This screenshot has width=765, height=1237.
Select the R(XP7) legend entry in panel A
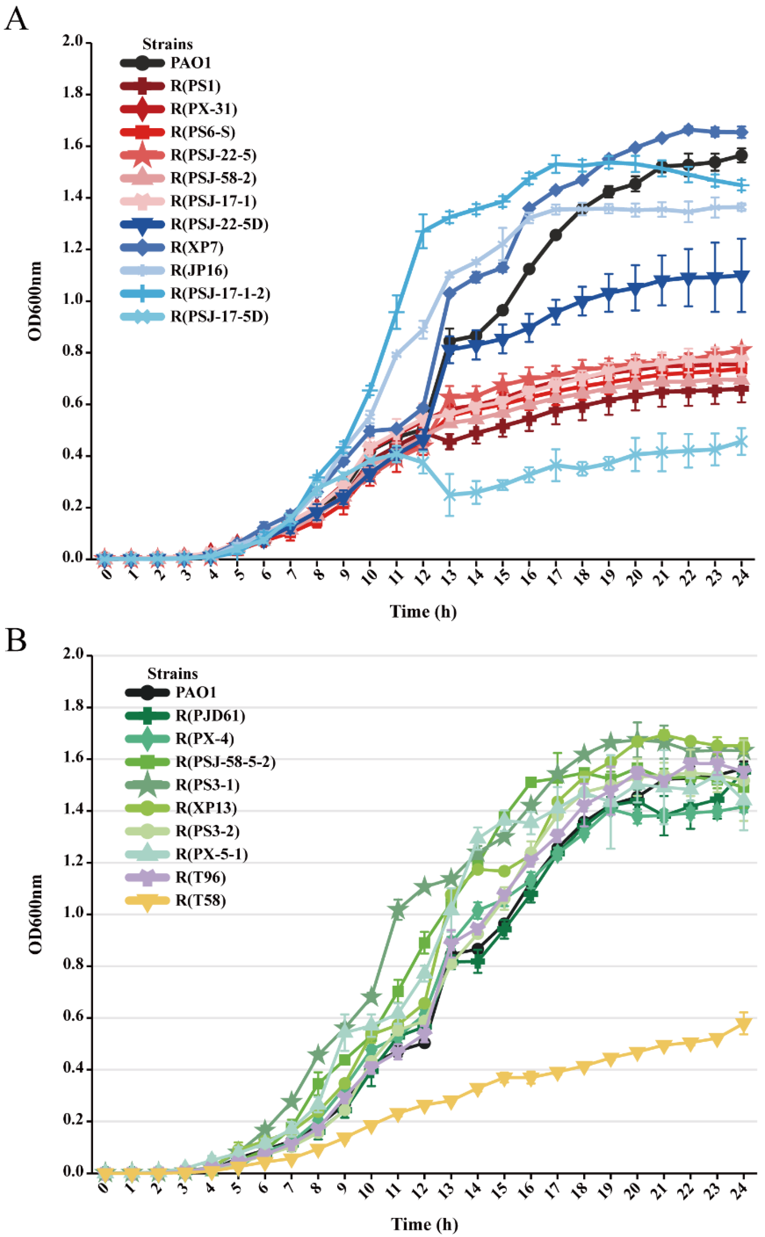[196, 247]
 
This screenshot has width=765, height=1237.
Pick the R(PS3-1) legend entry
[207, 785]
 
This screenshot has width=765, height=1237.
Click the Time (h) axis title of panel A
[423, 612]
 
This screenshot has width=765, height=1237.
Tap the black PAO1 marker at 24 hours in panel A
[742, 156]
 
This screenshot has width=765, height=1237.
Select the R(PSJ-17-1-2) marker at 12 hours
[423, 231]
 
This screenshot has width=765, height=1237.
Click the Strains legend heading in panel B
[172, 674]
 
